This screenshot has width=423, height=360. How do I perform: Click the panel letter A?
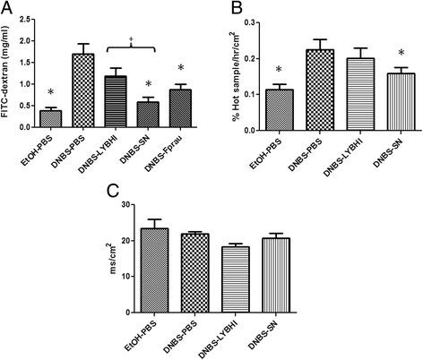click(x=8, y=8)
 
